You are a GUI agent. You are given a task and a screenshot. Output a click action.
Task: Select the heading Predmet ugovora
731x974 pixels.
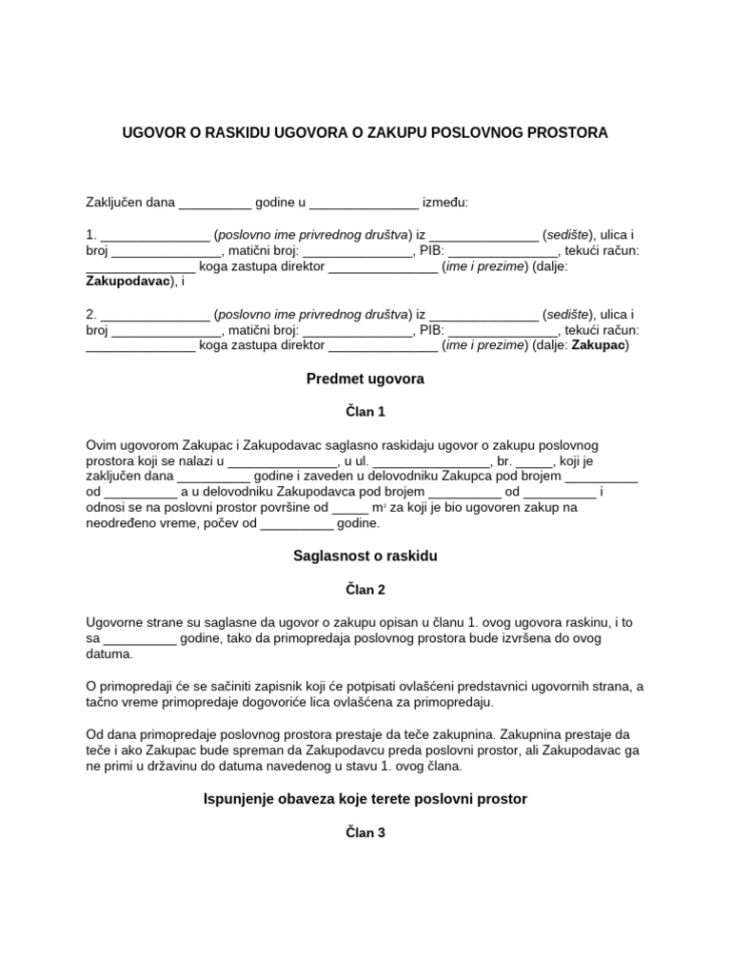point(365,379)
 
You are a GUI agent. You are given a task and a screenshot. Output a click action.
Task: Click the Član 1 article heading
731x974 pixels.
point(365,412)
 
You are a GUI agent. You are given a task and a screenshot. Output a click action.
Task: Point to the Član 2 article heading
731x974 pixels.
point(365,590)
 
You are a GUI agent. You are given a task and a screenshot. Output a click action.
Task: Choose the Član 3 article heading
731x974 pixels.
point(365,833)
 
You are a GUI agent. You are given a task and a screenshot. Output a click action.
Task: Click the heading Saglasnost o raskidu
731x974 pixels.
point(365,555)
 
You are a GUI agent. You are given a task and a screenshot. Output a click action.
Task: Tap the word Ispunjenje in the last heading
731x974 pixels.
point(238,799)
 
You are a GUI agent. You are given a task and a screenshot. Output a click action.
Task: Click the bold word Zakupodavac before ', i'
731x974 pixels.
point(129,282)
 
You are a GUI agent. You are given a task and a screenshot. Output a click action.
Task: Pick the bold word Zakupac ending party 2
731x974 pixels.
point(599,345)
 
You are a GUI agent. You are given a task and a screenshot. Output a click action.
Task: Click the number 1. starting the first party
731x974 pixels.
point(91,235)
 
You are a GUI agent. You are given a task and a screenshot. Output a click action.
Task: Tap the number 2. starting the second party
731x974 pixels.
point(91,314)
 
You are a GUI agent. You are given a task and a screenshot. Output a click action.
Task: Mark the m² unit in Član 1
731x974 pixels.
point(378,508)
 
